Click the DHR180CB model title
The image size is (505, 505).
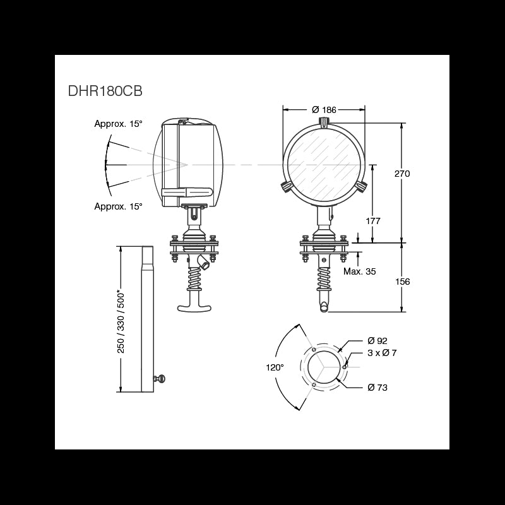point(105,91)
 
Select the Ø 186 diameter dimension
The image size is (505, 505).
point(324,110)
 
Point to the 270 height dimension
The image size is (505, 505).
point(402,174)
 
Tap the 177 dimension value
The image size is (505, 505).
point(373,221)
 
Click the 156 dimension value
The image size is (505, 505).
point(403,282)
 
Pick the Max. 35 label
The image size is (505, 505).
point(359,271)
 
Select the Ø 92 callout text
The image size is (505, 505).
point(377,340)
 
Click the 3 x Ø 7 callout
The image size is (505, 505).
point(382,353)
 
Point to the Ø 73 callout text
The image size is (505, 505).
point(377,387)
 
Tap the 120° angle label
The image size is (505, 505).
point(275,367)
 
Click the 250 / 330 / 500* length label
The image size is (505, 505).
point(121,321)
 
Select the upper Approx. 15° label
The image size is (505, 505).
point(118,124)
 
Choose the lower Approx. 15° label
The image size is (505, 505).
point(118,206)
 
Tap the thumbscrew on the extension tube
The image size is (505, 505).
point(160,378)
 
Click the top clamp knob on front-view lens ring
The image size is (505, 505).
point(324,122)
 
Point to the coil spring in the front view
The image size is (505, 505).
point(324,278)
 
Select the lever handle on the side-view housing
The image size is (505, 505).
point(187,193)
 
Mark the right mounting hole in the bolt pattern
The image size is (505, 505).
point(345,367)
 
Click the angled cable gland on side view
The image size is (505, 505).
point(203,262)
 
